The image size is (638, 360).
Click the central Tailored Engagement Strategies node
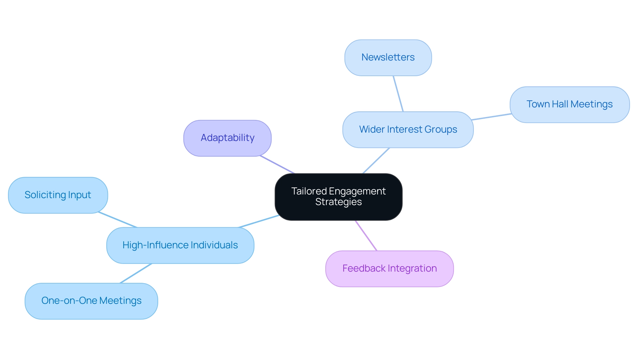[338, 197]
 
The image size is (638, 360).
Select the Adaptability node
[227, 138]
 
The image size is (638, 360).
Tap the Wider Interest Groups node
[408, 130]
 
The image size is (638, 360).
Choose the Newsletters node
[388, 58]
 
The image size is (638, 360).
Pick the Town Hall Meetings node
[569, 105]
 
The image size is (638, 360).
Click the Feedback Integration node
[389, 269]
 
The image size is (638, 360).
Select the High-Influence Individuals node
[180, 245]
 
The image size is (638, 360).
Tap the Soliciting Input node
[58, 195]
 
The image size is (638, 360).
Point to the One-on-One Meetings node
[91, 301]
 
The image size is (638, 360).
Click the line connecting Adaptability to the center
[277, 165]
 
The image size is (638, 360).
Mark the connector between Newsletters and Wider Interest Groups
[398, 94]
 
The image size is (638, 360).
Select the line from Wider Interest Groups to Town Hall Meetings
[491, 117]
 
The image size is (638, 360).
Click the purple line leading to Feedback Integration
[366, 235]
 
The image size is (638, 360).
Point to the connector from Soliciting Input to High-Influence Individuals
[117, 219]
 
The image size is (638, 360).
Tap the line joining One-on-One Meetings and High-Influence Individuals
[136, 273]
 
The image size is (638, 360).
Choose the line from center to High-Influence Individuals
[259, 221]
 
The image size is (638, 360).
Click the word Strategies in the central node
[338, 202]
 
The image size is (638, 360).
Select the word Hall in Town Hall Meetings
[560, 104]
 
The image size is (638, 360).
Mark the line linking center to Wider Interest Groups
[376, 161]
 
